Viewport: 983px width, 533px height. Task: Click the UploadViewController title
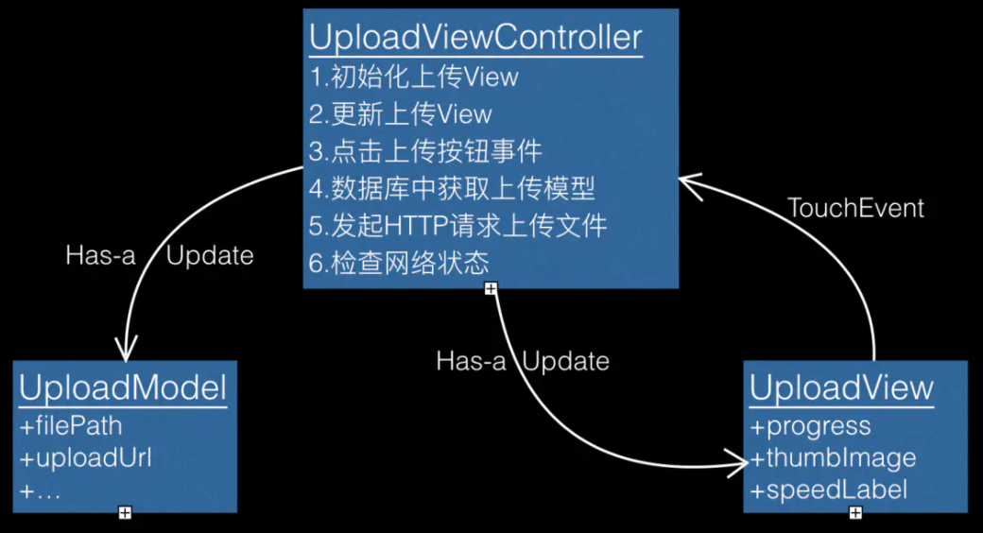pos(475,38)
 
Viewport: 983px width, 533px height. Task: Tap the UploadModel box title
pos(123,388)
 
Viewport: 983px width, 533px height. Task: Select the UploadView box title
pos(841,388)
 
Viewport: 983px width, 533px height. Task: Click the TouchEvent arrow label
pos(856,208)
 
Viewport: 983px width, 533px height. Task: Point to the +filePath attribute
pos(71,426)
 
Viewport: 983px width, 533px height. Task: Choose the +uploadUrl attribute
pos(85,458)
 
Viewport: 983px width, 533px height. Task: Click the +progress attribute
pos(810,426)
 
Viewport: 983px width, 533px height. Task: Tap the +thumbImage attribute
pos(833,458)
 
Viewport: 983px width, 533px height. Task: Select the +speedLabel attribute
pos(829,490)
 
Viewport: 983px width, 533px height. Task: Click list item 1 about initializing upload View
pos(414,77)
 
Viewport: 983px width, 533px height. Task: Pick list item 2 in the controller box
pos(401,114)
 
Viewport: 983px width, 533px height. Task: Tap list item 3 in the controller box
pos(425,151)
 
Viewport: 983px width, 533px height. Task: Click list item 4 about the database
pos(452,188)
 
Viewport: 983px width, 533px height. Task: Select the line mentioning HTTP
pos(457,226)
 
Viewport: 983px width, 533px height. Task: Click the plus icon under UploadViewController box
pos(491,288)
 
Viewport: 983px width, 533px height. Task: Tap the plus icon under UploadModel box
pos(124,512)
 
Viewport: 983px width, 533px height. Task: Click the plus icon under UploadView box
pos(855,512)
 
